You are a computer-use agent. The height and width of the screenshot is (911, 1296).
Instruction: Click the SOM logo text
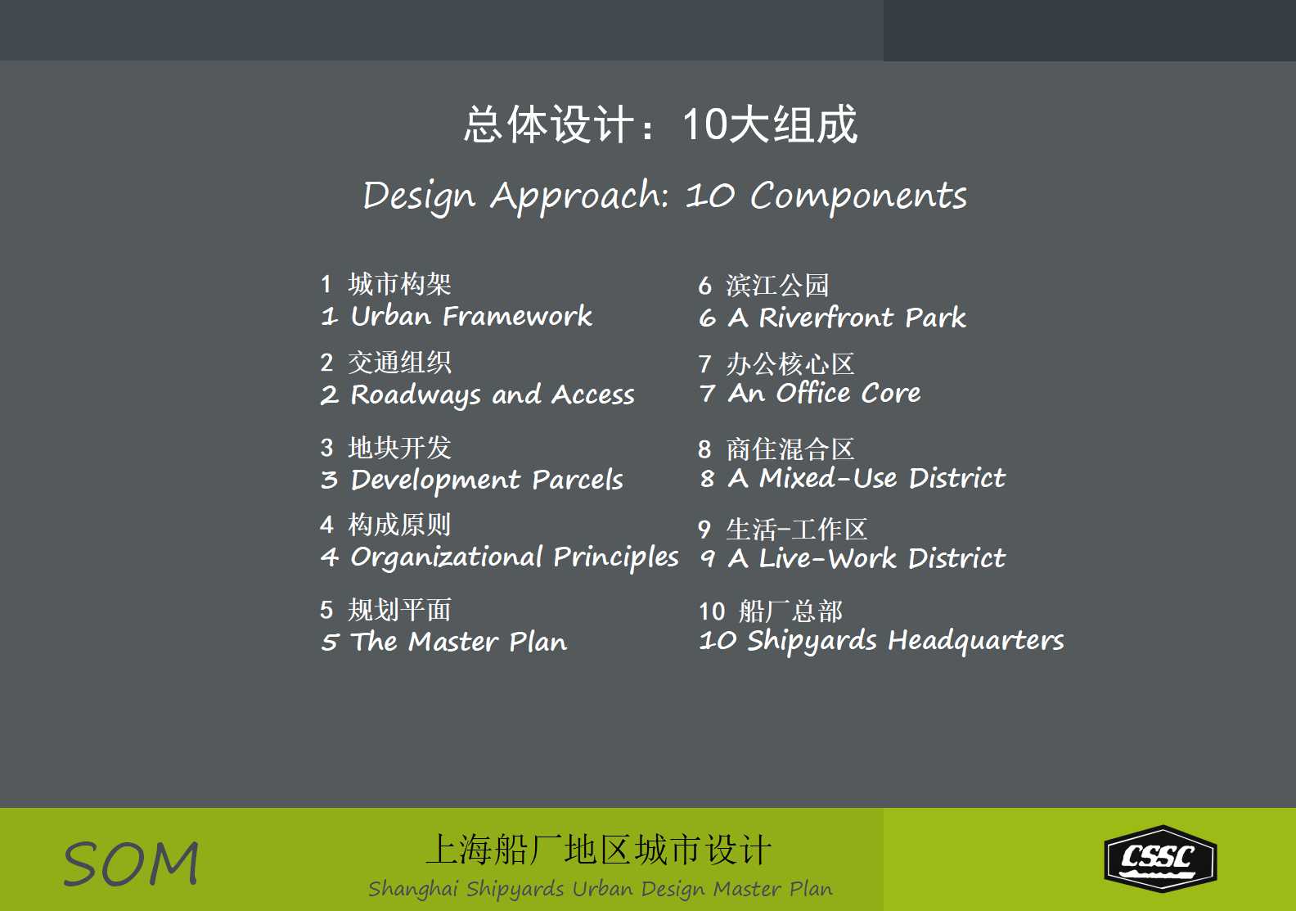[x=131, y=864]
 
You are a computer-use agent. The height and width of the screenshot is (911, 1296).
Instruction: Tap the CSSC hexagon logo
[x=1161, y=859]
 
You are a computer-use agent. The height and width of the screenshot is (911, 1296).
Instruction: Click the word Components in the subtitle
[x=858, y=196]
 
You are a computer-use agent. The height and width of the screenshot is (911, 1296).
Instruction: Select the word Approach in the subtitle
[x=579, y=196]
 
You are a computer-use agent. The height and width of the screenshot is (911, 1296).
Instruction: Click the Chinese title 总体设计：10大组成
[x=660, y=124]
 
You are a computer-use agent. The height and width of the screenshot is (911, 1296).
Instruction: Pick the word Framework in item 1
[x=517, y=317]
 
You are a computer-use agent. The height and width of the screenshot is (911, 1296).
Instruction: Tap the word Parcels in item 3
[x=578, y=479]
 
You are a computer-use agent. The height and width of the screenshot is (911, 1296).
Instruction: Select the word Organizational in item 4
[x=447, y=557]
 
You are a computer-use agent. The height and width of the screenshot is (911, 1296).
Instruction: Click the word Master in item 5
[x=453, y=642]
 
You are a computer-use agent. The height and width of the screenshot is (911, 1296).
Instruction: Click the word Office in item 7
[x=813, y=393]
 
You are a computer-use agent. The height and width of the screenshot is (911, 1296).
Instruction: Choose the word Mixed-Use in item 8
[x=828, y=478]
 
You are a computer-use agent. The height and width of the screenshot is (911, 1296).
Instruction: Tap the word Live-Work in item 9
[x=827, y=558]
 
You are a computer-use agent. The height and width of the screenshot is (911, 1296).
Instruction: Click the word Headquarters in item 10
[x=975, y=641]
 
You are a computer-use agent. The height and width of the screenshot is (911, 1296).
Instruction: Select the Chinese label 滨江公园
[x=777, y=286]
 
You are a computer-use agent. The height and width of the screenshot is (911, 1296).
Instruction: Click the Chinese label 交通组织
[x=399, y=363]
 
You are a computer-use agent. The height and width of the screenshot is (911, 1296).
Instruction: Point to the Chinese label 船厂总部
[x=790, y=611]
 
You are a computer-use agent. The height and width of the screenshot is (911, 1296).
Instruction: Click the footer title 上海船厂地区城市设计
[x=599, y=850]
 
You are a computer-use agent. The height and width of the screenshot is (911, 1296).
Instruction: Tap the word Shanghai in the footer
[x=413, y=889]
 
